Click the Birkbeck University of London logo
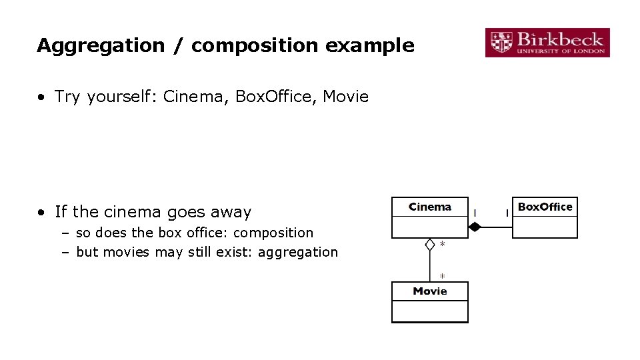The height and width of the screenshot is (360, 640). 547,42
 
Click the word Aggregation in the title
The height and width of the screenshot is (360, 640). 101,46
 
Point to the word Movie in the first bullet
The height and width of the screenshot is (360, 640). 345,97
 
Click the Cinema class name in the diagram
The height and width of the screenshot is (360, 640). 429,207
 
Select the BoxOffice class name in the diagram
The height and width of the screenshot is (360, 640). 545,207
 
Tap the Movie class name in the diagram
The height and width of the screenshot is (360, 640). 429,291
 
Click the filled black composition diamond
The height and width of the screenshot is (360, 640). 474,227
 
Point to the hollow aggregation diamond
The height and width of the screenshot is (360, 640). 430,245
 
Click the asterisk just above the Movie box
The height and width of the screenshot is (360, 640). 442,275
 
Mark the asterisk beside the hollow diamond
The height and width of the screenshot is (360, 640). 442,245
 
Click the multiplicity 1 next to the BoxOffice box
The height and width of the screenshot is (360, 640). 507,213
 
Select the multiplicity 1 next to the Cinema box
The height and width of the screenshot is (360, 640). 474,213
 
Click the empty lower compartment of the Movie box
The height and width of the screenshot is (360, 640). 429,311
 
